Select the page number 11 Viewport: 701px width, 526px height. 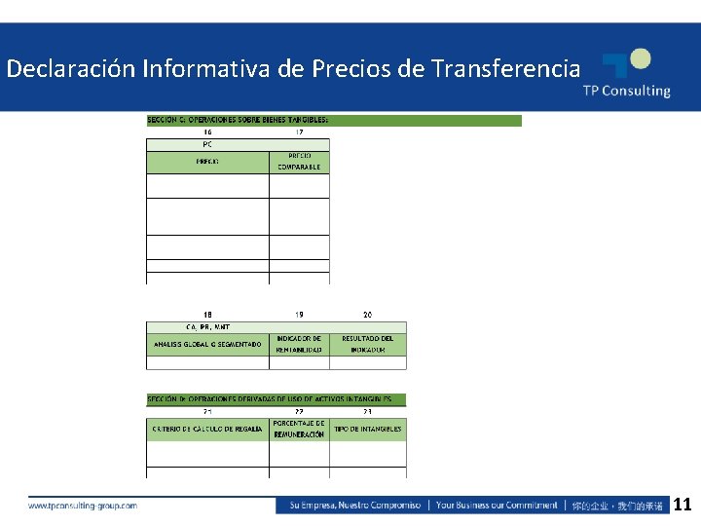tap(683, 505)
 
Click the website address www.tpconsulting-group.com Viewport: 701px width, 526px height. tap(83, 506)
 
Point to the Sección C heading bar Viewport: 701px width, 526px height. tap(334, 120)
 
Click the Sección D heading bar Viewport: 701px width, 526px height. tap(276, 399)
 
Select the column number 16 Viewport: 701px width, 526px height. tap(207, 132)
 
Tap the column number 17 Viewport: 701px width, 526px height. tap(299, 132)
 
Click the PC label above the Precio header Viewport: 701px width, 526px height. tap(207, 144)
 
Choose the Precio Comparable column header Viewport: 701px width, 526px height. tap(299, 161)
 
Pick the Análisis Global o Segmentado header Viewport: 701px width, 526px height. tap(208, 344)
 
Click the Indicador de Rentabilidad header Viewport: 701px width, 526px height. tap(299, 344)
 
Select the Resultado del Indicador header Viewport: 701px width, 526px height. tap(367, 344)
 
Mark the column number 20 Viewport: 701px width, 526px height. tap(367, 315)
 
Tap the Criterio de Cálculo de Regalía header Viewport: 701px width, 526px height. tap(208, 429)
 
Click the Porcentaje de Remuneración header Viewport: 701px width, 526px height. tap(299, 429)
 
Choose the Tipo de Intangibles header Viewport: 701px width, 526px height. tap(367, 429)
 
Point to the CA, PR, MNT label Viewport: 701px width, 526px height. tap(207, 326)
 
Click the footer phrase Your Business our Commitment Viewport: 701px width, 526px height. tap(497, 506)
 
